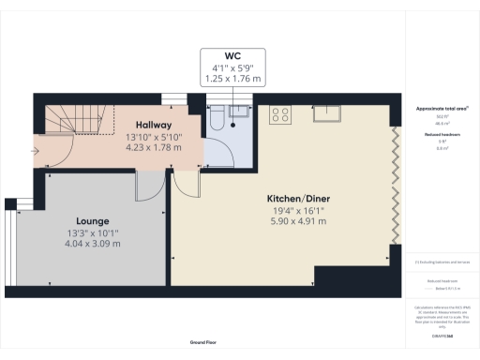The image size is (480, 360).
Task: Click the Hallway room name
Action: pos(152,124)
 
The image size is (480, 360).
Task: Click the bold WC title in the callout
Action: pos(232,55)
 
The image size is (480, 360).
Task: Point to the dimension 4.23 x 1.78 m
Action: pos(152,147)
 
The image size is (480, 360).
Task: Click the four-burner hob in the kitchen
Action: pos(279,114)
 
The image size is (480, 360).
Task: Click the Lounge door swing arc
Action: pos(147,187)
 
